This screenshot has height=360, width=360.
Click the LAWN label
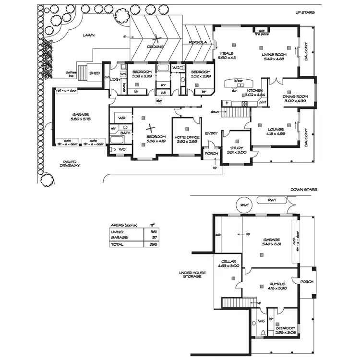(88, 36)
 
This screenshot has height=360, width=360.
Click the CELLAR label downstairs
(228, 263)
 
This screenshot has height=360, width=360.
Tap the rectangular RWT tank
(272, 200)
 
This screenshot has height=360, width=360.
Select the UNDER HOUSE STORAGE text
(192, 276)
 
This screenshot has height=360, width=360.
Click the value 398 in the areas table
(152, 244)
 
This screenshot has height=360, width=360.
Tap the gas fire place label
(262, 32)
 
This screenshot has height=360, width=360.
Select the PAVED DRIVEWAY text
(70, 164)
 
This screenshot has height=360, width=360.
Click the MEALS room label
(227, 55)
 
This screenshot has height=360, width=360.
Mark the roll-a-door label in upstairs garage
(67, 91)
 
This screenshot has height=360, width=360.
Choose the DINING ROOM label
(294, 99)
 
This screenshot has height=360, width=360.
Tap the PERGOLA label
(197, 42)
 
